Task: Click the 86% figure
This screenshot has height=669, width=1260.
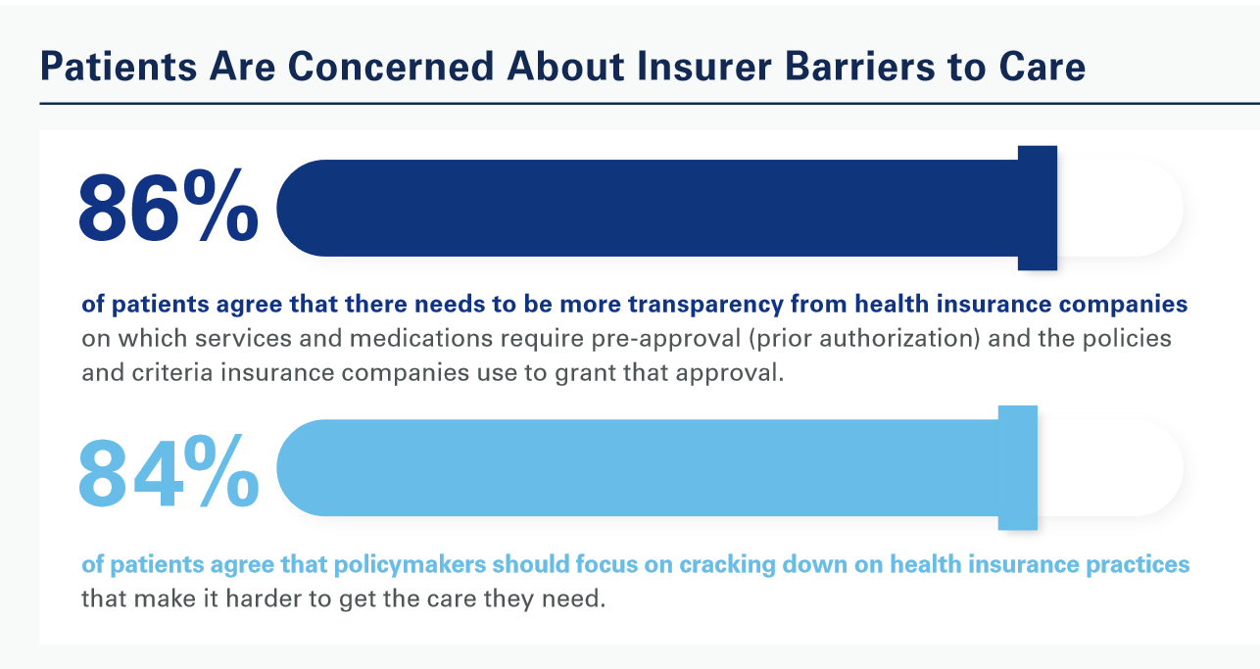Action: pyautogui.click(x=169, y=207)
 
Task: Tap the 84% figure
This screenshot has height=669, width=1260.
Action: pyautogui.click(x=169, y=471)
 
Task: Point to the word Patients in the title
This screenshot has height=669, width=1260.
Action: pyautogui.click(x=119, y=67)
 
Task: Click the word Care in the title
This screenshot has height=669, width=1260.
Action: pyautogui.click(x=1042, y=67)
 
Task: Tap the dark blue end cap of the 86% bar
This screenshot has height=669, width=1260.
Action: pyautogui.click(x=1038, y=208)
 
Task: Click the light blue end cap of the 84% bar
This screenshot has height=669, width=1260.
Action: pyautogui.click(x=1018, y=468)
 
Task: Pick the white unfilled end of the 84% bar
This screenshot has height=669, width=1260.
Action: pyautogui.click(x=1110, y=468)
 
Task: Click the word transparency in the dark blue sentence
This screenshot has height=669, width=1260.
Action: pyautogui.click(x=706, y=306)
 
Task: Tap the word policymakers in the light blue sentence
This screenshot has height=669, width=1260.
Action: pyautogui.click(x=411, y=565)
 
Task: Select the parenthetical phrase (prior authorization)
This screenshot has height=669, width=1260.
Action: pyautogui.click(x=864, y=340)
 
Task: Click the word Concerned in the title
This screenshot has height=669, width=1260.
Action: pyautogui.click(x=391, y=67)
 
